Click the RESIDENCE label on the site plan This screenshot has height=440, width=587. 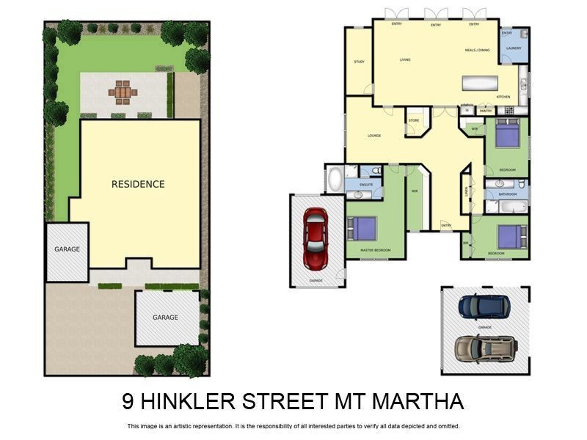click(x=138, y=184)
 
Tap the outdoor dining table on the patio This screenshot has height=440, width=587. click(x=122, y=92)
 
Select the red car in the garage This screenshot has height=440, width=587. click(x=316, y=238)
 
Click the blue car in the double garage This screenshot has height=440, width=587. click(x=484, y=306)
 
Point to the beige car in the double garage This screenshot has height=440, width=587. click(x=484, y=348)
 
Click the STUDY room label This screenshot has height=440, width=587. click(x=359, y=62)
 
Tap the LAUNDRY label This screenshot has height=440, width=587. click(x=514, y=48)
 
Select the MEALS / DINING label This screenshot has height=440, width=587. click(x=477, y=51)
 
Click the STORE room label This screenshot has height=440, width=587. click(x=414, y=120)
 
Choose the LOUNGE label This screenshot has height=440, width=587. click(x=373, y=136)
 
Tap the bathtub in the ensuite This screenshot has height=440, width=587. click(x=335, y=180)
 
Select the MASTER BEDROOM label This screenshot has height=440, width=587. click(x=375, y=251)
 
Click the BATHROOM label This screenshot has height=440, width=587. click(x=508, y=194)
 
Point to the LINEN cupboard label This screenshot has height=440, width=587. click(x=466, y=191)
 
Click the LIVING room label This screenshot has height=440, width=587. click(x=404, y=59)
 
